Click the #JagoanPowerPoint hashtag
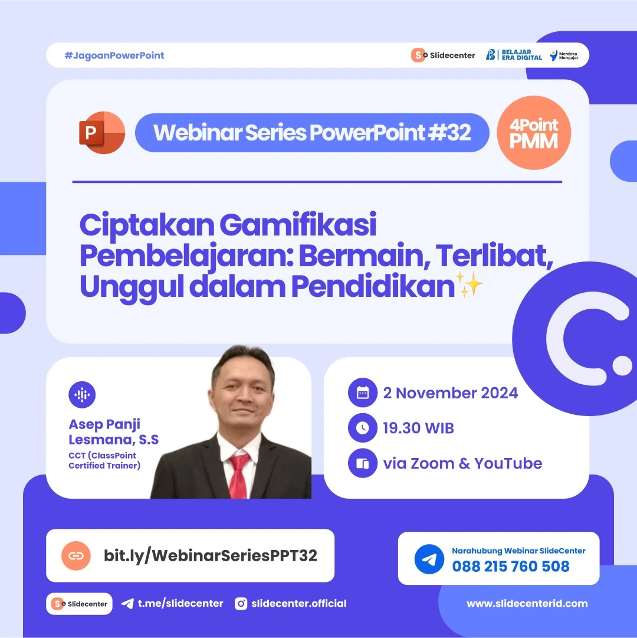[x=114, y=55]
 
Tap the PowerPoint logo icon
[x=102, y=133]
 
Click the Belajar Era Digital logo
[x=514, y=55]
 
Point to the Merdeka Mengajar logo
[x=563, y=55]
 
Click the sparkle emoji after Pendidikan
[x=471, y=286]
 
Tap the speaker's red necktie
[x=239, y=475]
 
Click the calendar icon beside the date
[x=363, y=393]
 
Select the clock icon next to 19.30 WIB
[x=363, y=428]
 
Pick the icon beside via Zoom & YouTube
[x=363, y=463]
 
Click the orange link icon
[x=76, y=555]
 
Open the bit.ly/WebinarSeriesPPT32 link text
[x=211, y=555]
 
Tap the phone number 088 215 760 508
[x=511, y=567]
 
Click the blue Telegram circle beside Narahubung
[x=429, y=559]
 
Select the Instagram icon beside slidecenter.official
[x=241, y=603]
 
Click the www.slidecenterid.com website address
[x=527, y=603]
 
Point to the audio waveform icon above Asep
[x=82, y=395]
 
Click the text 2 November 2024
[x=451, y=393]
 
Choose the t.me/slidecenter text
[x=180, y=603]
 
